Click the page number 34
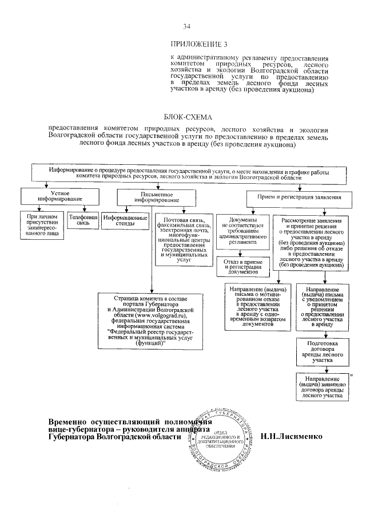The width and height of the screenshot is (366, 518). pyautogui.click(x=186, y=26)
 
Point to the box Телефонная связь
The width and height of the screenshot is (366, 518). pyautogui.click(x=81, y=220)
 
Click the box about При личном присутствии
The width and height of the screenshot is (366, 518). pyautogui.click(x=40, y=224)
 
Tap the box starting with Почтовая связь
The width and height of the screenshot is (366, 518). pyautogui.click(x=183, y=239)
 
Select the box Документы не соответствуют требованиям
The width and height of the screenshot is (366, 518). pyautogui.click(x=243, y=231)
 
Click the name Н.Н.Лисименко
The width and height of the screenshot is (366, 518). pyautogui.click(x=291, y=436)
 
